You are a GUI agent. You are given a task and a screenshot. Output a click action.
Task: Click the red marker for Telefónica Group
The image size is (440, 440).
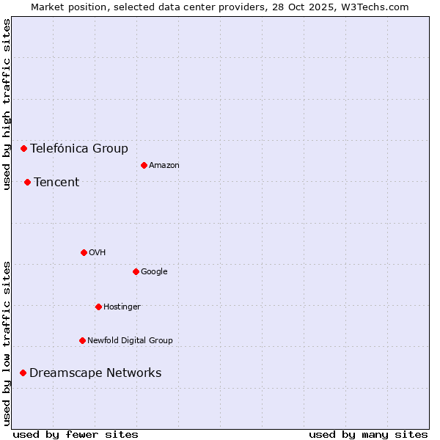pos(23,148)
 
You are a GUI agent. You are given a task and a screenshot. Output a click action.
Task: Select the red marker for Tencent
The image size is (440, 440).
pos(27,182)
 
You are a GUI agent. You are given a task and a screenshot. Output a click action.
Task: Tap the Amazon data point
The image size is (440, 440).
pos(144,165)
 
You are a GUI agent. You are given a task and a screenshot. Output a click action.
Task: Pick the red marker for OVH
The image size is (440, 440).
pos(84,252)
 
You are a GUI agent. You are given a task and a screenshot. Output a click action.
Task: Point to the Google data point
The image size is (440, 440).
pos(136,271)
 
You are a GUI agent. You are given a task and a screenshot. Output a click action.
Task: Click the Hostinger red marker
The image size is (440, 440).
pos(98,307)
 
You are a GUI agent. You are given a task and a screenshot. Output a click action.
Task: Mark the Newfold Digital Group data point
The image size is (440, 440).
pos(82,340)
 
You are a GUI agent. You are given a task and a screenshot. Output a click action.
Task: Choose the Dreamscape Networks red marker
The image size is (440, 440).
pos(23,373)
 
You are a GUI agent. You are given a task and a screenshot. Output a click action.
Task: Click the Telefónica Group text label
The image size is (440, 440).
pos(79,148)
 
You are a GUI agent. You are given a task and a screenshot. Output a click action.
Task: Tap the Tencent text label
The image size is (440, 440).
pos(56,182)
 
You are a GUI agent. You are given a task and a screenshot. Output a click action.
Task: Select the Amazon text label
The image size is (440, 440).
pos(164,165)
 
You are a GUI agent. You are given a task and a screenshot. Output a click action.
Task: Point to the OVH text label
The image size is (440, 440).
pos(98,252)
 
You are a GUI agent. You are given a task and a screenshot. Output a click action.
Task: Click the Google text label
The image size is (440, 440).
pos(154,271)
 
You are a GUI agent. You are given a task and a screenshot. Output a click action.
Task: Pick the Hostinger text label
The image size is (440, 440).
pos(122,307)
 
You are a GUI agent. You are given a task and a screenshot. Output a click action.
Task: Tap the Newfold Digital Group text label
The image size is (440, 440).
pos(130,340)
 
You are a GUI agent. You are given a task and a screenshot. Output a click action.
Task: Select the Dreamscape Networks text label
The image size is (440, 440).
pos(95,373)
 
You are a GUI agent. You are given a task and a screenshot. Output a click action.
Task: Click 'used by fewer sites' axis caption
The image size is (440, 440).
pos(76,434)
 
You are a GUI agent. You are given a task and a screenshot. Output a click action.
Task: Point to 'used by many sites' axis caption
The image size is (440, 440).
pos(368,434)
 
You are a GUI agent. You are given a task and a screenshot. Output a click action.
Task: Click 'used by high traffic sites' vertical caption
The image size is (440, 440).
pos(7,104)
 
